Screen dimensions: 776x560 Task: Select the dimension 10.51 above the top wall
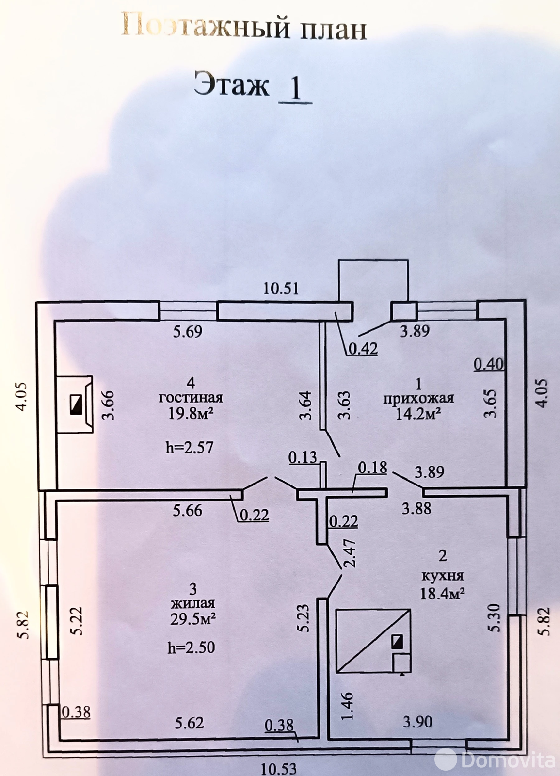281,289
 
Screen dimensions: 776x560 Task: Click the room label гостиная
191,398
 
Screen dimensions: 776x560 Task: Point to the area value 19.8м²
191,413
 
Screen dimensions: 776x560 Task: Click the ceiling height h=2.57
189,447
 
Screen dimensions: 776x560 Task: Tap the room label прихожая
418,399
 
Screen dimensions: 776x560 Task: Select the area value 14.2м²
418,414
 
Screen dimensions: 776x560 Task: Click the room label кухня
442,576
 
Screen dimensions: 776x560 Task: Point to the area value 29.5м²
192,619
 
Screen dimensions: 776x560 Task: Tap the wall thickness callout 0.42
362,348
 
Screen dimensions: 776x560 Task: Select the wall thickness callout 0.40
489,364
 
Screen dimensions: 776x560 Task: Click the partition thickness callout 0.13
303,457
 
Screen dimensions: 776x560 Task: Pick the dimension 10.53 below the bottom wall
279,768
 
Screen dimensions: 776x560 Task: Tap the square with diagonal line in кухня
373,641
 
